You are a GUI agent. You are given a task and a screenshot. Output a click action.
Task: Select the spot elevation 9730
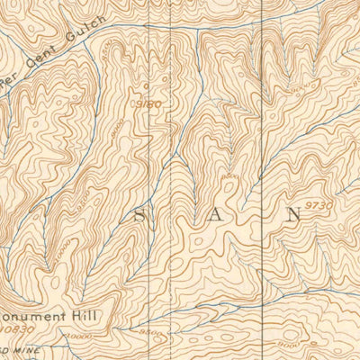pyautogui.click(x=319, y=206)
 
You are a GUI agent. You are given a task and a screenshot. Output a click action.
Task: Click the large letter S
pyautogui.click(x=140, y=217)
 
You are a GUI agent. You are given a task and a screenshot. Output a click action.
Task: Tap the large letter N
pyautogui.click(x=292, y=215)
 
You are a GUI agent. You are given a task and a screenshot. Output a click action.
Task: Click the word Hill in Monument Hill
pyautogui.click(x=85, y=316)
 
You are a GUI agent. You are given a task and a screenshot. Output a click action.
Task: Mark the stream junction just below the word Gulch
pyautogui.click(x=102, y=33)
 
